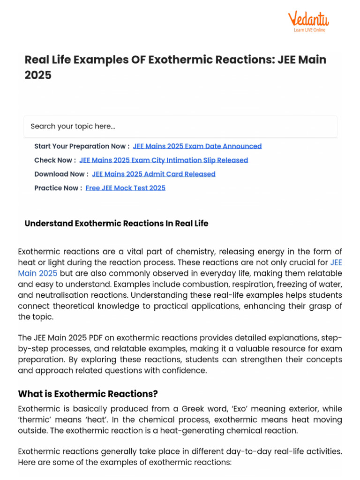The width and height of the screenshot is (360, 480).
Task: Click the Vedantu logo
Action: coord(308,19)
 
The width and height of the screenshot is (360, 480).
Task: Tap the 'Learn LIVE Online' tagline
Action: coord(309,30)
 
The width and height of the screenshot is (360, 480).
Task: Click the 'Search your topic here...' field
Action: coord(180,127)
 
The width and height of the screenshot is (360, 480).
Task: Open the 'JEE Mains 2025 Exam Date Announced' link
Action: coord(197,146)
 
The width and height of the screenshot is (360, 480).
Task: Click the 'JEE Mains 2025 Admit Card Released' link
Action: coord(154,174)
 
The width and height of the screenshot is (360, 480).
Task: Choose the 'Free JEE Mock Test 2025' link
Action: coord(126,188)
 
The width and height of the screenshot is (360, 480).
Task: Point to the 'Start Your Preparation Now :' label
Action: coord(82,146)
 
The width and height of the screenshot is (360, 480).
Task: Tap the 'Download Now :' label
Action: coord(61,174)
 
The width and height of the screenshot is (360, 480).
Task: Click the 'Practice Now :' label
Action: coord(58,188)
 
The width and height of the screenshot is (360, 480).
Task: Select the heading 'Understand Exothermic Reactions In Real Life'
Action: coord(116,224)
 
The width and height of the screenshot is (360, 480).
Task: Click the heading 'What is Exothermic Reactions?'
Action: coord(88,393)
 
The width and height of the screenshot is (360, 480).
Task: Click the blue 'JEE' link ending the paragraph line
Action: coord(336,262)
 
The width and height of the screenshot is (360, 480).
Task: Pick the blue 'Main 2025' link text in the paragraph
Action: coord(37,273)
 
